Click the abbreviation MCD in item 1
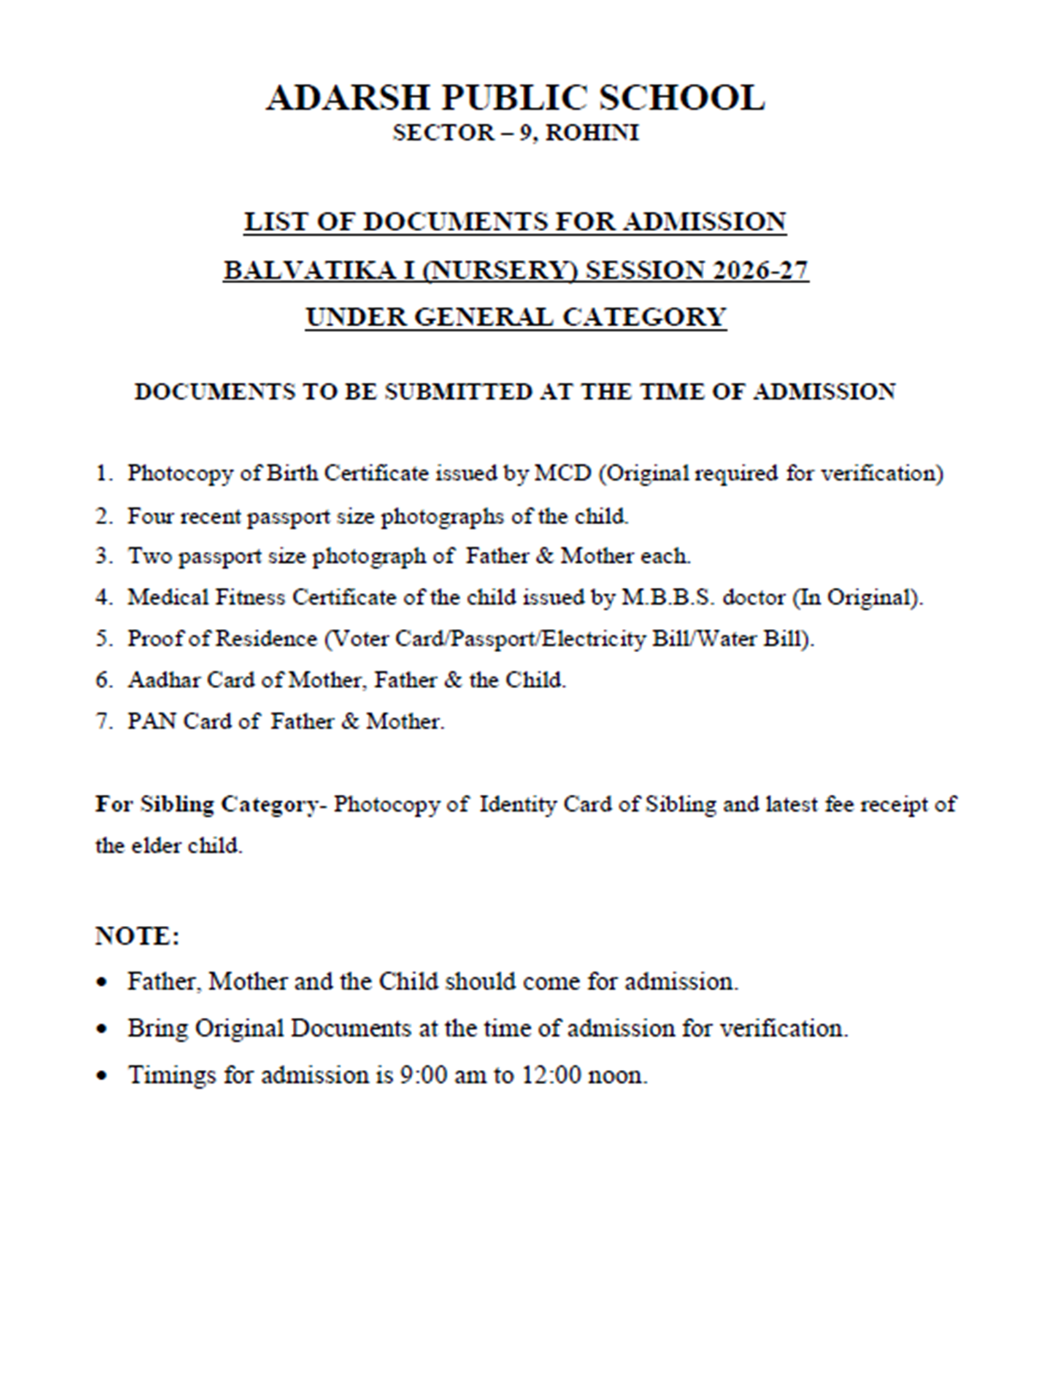click(563, 473)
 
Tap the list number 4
click(103, 597)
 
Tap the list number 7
click(103, 721)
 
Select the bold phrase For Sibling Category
click(205, 804)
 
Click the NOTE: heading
click(137, 935)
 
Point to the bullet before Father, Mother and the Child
click(103, 982)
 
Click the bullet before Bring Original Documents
click(103, 1028)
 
